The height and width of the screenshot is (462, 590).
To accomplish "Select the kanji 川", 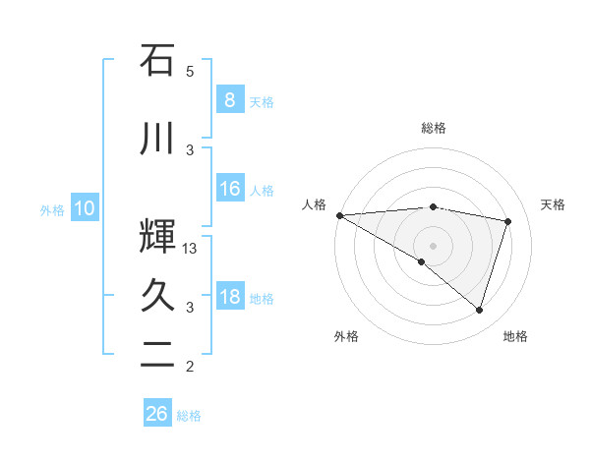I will click(x=156, y=139).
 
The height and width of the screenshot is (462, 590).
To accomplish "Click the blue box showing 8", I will click(x=229, y=100).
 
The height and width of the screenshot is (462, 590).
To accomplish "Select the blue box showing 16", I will click(x=229, y=189).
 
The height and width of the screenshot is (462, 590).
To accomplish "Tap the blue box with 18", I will click(x=229, y=297).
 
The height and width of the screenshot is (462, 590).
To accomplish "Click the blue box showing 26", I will click(x=156, y=414).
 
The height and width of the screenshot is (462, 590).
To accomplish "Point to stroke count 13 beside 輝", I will click(x=191, y=249).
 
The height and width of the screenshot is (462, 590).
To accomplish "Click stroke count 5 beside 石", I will click(x=190, y=71).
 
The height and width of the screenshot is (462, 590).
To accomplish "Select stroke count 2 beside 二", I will click(x=190, y=367).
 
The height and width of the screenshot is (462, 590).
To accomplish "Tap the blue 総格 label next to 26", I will click(x=190, y=416).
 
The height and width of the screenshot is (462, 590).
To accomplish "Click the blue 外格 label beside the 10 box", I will click(x=52, y=209).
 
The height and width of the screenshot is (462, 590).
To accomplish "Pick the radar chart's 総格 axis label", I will click(x=433, y=128).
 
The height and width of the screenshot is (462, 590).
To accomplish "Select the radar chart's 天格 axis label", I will click(x=554, y=204).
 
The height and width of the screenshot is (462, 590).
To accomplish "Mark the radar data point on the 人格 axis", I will click(x=339, y=215).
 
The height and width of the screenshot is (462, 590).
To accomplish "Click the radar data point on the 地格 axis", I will click(x=479, y=310).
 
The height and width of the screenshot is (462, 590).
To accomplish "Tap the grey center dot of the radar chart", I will click(x=433, y=244).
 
